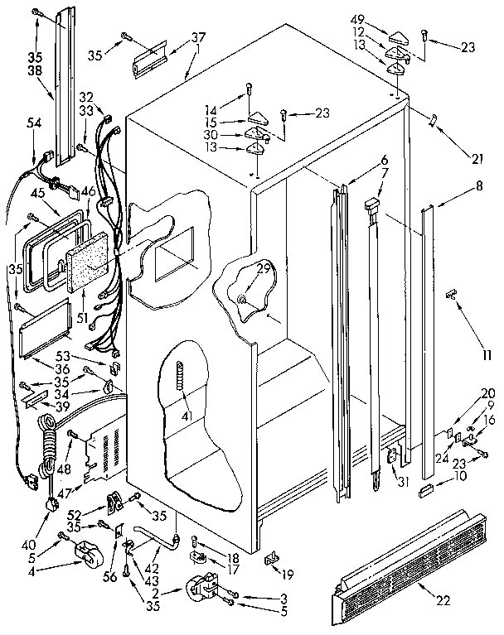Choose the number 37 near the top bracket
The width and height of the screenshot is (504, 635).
tap(198, 37)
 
